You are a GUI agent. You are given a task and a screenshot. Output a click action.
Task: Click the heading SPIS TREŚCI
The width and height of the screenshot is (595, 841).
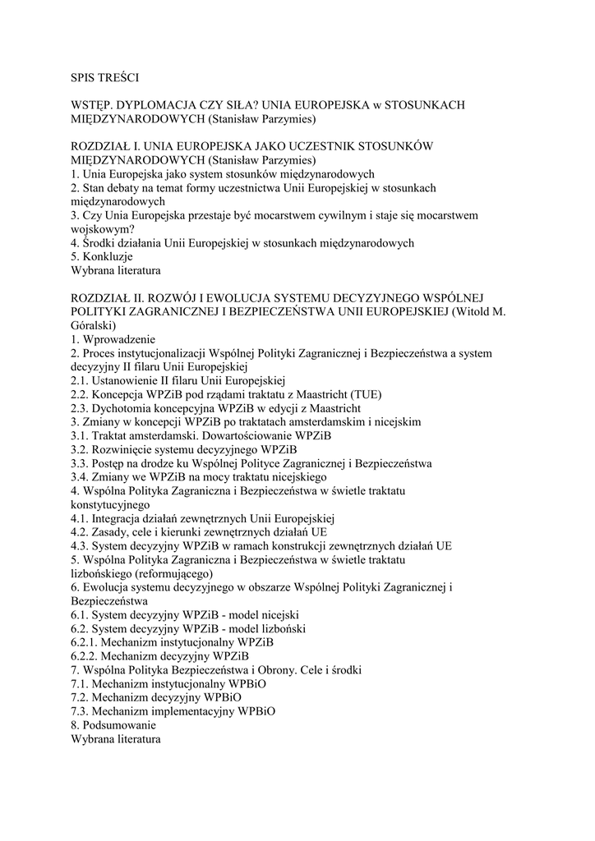[x=105, y=78]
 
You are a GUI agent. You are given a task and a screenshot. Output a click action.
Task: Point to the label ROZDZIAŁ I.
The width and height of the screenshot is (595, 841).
[x=106, y=146]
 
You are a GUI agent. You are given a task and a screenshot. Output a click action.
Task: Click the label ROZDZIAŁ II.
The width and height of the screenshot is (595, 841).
[x=108, y=297]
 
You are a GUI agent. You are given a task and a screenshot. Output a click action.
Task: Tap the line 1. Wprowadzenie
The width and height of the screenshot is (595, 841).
[x=113, y=339]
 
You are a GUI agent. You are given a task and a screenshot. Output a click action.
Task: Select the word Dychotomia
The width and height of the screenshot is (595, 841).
[x=122, y=408]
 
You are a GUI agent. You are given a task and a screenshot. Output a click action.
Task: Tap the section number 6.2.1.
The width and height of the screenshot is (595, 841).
[x=85, y=642]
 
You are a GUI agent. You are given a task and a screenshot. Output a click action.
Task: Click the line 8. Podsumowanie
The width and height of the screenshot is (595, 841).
[x=113, y=725]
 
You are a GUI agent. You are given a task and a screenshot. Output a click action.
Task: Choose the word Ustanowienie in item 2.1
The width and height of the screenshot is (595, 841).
[x=128, y=380]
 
